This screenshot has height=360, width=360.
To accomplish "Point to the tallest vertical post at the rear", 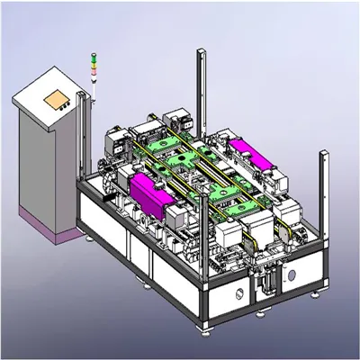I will (200, 90).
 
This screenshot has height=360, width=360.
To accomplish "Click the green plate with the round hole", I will (177, 158).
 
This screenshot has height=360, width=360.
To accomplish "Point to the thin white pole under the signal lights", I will (92, 85).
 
